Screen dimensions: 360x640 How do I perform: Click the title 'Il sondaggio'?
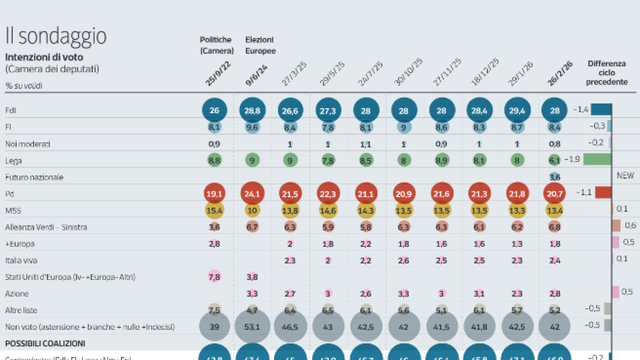(55, 36)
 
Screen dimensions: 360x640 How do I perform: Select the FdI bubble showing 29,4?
(517, 110)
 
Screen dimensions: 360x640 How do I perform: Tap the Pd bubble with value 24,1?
(253, 193)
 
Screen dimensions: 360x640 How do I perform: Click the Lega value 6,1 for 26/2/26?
(555, 160)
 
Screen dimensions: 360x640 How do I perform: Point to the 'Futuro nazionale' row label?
(34, 177)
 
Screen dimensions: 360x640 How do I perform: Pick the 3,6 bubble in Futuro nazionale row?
(555, 177)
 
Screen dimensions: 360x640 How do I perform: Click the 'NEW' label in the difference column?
(625, 175)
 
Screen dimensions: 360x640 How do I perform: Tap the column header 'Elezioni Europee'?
(260, 45)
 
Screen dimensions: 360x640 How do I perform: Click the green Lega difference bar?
(597, 159)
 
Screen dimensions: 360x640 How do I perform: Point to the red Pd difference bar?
(603, 193)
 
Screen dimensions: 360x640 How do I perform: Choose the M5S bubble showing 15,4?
(214, 210)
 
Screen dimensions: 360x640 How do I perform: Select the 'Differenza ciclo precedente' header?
(606, 73)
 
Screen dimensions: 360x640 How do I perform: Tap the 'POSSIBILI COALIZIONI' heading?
(45, 343)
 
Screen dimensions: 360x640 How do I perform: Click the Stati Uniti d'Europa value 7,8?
(214, 277)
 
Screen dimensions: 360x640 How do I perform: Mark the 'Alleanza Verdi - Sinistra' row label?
(46, 227)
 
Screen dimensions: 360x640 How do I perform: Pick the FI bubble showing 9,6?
(253, 127)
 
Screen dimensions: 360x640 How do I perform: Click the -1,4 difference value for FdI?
(580, 110)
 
